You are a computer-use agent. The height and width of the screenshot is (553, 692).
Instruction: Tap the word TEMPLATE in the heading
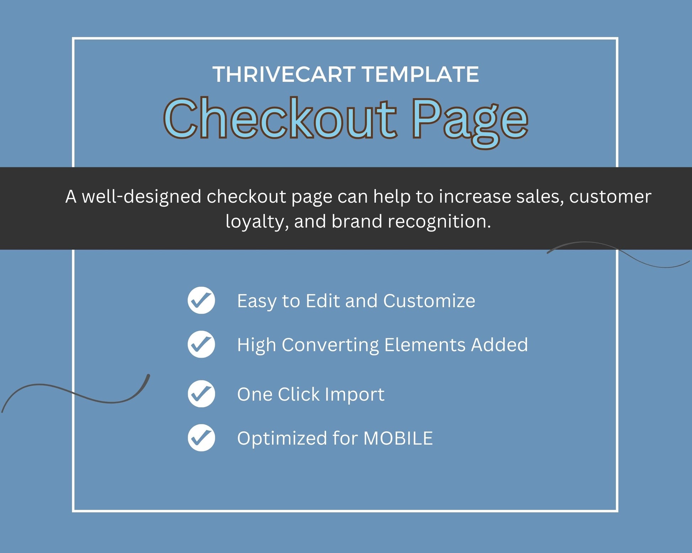click(x=421, y=74)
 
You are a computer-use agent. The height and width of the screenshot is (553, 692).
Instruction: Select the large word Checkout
click(x=280, y=118)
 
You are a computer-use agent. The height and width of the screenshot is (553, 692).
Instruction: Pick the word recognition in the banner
click(x=439, y=222)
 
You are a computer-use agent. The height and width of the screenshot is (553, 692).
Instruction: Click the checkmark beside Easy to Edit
click(x=201, y=300)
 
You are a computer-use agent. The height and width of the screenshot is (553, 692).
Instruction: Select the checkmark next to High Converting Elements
click(x=201, y=344)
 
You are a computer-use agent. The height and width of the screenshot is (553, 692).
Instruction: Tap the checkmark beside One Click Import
click(x=201, y=394)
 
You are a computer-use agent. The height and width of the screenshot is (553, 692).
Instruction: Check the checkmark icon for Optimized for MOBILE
click(x=201, y=438)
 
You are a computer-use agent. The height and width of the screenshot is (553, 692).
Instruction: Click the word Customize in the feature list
click(x=429, y=301)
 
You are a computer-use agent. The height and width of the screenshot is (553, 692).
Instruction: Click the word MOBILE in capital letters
click(x=398, y=438)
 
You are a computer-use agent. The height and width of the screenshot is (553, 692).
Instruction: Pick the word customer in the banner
click(x=610, y=197)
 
